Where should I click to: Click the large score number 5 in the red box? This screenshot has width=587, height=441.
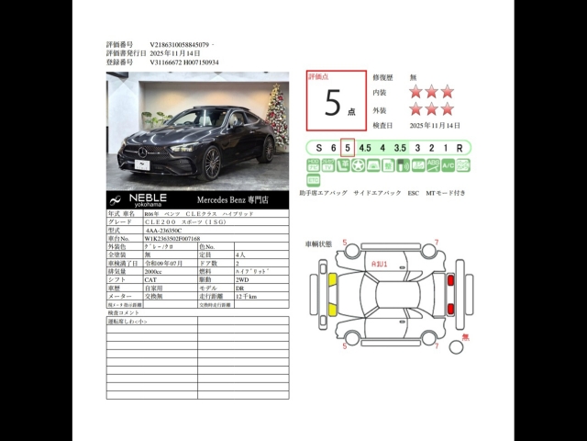tap(331, 104)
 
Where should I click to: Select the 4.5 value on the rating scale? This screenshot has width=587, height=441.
tap(364, 147)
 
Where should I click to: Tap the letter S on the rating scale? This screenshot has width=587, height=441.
tap(318, 147)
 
